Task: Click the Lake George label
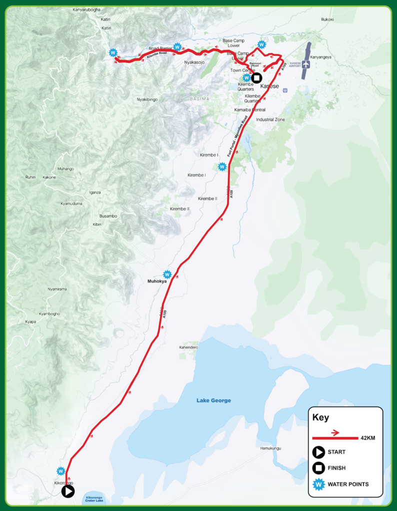213,401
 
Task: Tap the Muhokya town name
156,281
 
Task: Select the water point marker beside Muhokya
167,274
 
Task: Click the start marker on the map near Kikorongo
68,492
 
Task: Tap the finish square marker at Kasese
256,78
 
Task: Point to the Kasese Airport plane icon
305,64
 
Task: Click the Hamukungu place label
270,448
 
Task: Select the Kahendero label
189,347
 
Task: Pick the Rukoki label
327,19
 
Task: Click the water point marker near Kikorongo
60,471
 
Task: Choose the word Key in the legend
320,418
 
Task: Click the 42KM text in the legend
367,438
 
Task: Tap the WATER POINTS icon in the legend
318,484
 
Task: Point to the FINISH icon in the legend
318,468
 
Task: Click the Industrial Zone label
270,120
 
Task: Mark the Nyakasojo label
194,62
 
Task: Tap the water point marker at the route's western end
113,52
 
